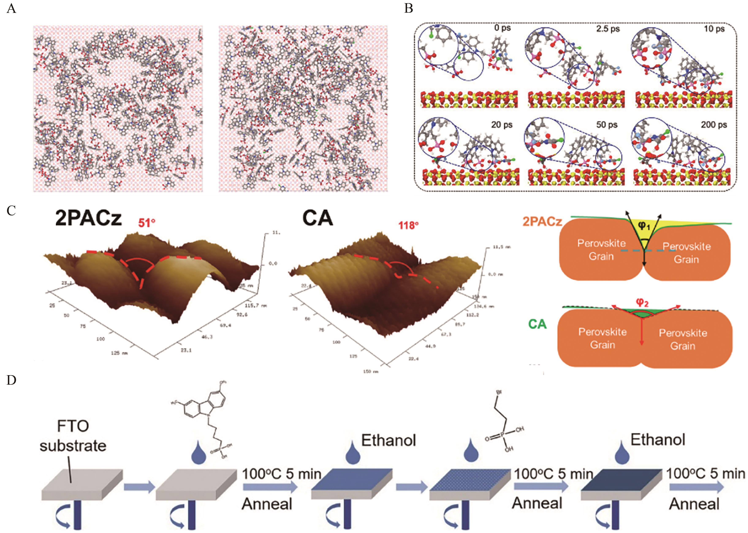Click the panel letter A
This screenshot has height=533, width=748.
(11, 8)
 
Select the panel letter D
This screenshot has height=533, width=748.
(11, 380)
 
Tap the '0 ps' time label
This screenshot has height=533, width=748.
(502, 28)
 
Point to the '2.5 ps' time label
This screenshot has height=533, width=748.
(608, 29)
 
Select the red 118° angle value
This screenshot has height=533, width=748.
(408, 226)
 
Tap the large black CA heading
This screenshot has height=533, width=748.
(317, 218)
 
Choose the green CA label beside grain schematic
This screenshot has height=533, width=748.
(537, 324)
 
